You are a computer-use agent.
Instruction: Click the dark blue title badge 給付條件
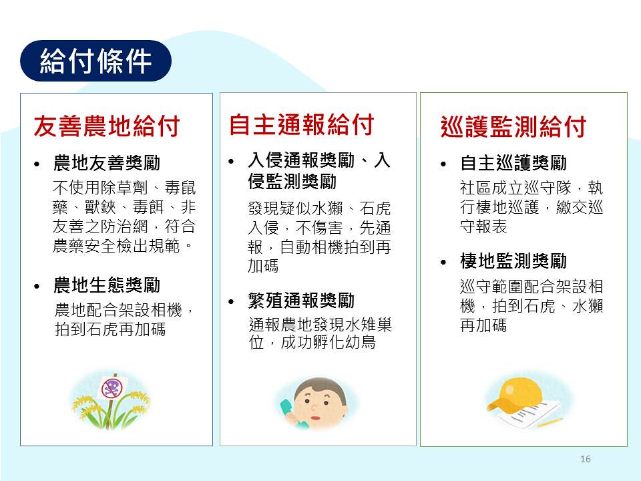click(x=95, y=61)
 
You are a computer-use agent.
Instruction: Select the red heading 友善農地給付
click(x=107, y=126)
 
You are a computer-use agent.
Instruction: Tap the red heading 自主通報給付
click(x=301, y=125)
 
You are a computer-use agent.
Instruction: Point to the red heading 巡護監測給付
click(x=513, y=127)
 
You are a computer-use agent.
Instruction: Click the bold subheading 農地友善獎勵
click(x=107, y=163)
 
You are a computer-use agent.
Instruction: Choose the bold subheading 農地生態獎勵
click(x=107, y=285)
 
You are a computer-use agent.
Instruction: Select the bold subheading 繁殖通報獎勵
click(x=301, y=301)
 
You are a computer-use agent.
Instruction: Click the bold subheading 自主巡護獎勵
click(x=513, y=163)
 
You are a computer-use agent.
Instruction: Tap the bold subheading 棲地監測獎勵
click(x=513, y=261)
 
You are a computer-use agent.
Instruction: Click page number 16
click(x=586, y=459)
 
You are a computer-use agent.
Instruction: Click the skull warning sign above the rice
click(x=112, y=387)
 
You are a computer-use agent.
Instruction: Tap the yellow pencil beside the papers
click(x=550, y=422)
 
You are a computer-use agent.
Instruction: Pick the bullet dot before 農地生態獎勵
click(x=37, y=287)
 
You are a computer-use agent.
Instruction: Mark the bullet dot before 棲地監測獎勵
click(x=443, y=262)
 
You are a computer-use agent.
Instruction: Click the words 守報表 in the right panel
click(x=483, y=226)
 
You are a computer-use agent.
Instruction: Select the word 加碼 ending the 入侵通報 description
click(x=263, y=266)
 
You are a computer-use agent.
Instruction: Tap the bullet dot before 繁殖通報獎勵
click(x=232, y=302)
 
